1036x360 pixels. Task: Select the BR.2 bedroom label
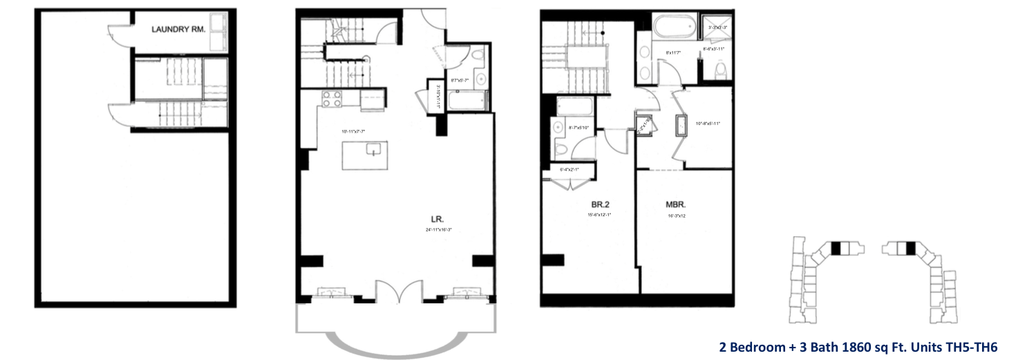point(599,205)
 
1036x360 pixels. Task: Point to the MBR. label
point(675,205)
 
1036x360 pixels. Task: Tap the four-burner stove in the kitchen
point(331,99)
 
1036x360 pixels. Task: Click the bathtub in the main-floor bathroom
point(467,101)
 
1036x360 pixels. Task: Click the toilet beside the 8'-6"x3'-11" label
point(720,70)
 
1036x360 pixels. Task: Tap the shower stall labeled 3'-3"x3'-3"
point(718,27)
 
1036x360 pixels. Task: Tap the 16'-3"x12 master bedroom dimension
point(677,216)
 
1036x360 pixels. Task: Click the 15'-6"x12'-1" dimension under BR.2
point(599,215)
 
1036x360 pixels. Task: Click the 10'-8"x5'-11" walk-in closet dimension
point(708,123)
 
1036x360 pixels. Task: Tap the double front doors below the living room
point(398,290)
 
